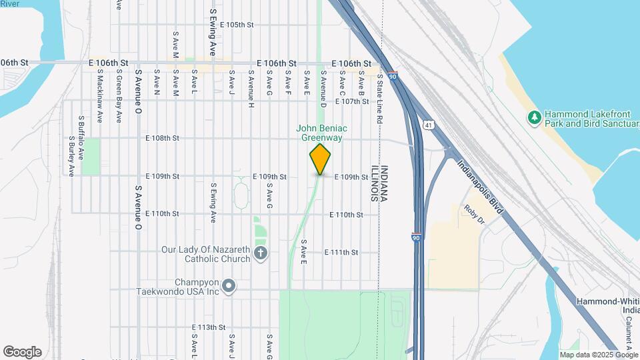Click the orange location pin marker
coord(321,159)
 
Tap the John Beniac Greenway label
coord(320,133)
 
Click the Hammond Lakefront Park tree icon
coord(533,118)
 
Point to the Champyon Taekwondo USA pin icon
coord(229,287)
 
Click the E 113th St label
coord(209,327)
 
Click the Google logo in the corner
coord(22,352)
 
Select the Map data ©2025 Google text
coord(599,355)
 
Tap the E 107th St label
coord(352,101)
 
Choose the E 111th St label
coord(341,253)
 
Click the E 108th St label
coord(163,139)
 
